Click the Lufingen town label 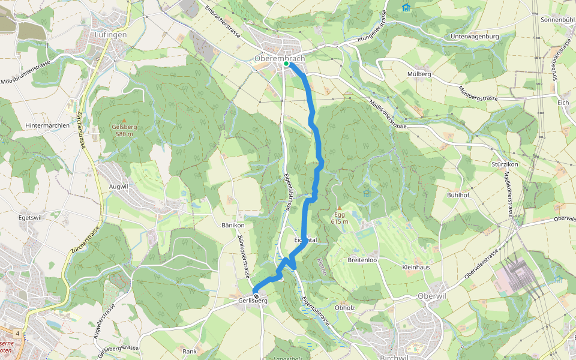click(111, 35)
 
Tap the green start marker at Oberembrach click(286, 64)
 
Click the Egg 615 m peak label click(340, 217)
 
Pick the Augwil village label click(118, 187)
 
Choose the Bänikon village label click(233, 226)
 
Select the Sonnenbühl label click(557, 20)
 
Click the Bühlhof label click(457, 196)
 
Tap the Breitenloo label click(362, 260)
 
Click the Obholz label click(345, 308)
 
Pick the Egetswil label click(30, 217)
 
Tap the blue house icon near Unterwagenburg click(406, 8)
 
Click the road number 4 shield click(19, 333)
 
